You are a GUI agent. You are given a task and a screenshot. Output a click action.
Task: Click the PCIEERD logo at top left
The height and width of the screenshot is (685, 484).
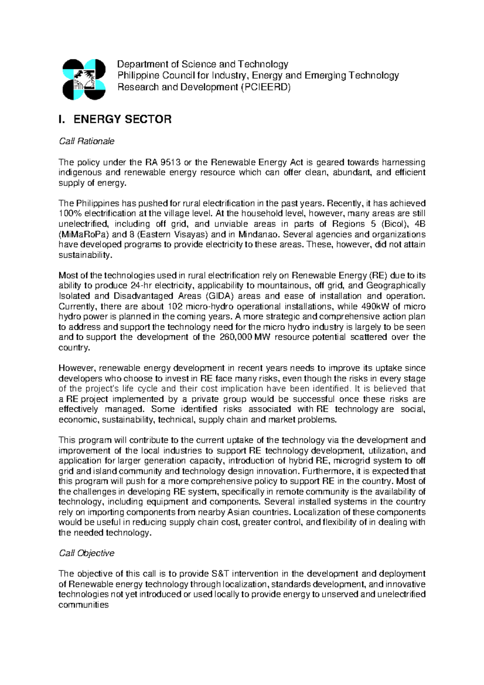84,79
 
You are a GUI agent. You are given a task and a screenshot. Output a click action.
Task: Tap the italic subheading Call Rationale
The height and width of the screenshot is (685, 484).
86,141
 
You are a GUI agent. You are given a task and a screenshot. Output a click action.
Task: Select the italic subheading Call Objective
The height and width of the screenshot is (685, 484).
86,553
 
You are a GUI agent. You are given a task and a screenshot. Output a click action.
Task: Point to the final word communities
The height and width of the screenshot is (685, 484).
83,605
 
